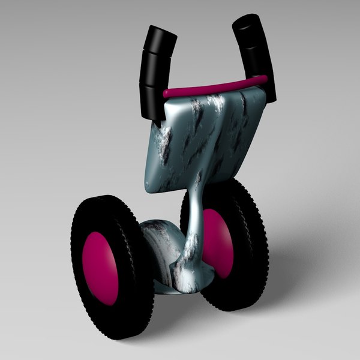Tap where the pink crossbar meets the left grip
(166, 94)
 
